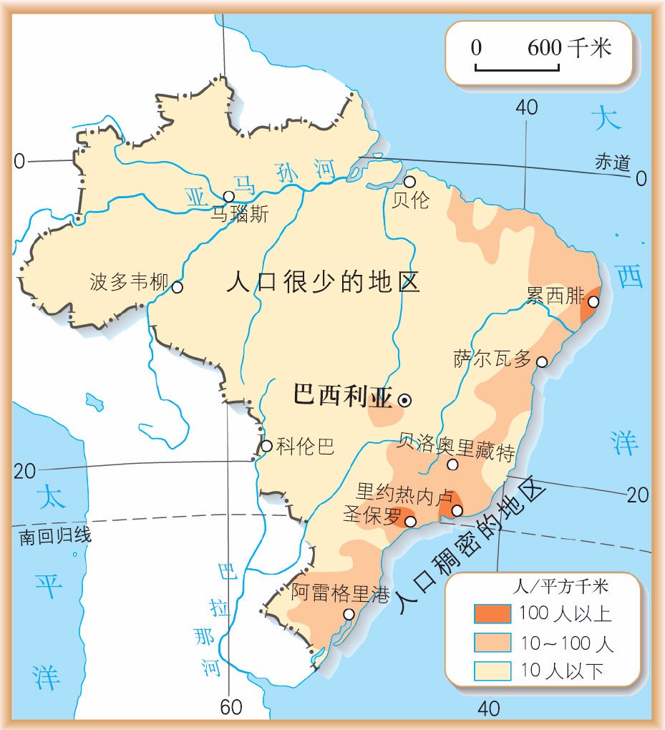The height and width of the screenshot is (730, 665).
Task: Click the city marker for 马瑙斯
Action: point(228,196)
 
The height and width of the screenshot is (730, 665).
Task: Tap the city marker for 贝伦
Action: point(409,182)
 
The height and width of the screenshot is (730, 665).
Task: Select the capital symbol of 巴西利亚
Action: point(404,401)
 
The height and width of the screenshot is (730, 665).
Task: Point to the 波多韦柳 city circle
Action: point(178,287)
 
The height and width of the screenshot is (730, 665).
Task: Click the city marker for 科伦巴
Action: point(266,446)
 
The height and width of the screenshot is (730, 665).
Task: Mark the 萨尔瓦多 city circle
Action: point(542,362)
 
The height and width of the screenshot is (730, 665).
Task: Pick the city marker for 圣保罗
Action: point(411,522)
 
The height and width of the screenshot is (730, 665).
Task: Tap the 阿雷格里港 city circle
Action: point(349,614)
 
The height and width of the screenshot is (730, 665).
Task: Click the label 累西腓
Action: point(555,296)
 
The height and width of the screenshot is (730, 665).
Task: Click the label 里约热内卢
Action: point(405,494)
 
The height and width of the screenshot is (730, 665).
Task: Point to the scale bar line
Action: point(516,69)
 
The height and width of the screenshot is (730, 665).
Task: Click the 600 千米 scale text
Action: point(570,48)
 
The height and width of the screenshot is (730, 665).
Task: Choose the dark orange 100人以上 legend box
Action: point(492,613)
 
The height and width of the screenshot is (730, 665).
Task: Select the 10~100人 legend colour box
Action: point(492,642)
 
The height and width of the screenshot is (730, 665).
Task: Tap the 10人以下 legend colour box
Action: point(492,671)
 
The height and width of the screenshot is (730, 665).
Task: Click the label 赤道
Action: point(612,162)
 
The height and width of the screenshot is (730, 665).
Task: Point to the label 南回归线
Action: point(56,535)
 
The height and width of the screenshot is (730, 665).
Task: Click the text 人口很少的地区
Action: point(322,282)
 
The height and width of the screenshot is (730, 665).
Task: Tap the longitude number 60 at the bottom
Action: point(231,707)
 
